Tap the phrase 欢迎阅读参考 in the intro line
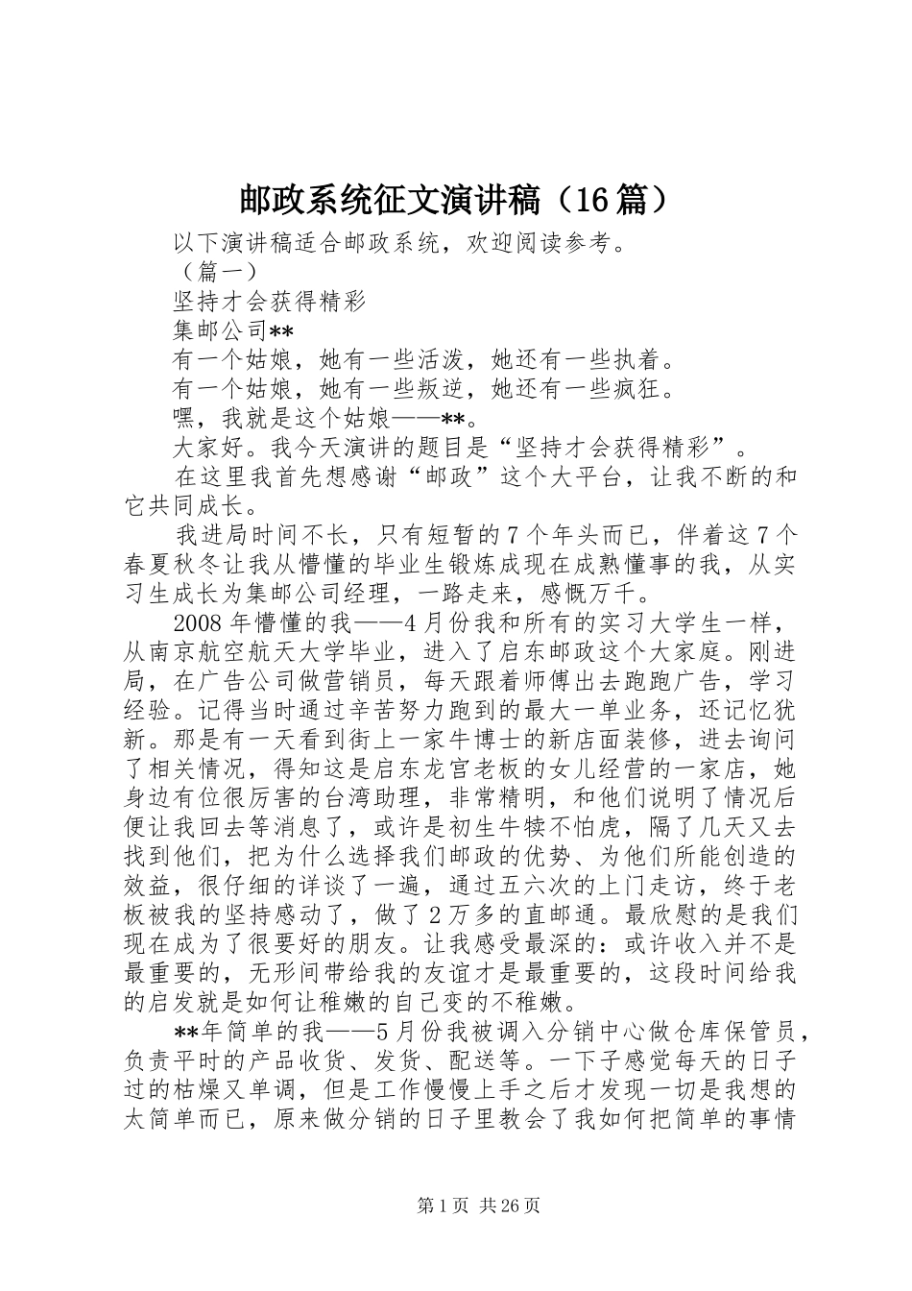click(x=539, y=244)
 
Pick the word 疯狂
click(x=637, y=389)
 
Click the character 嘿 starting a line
click(x=183, y=419)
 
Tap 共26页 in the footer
click(x=505, y=1206)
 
